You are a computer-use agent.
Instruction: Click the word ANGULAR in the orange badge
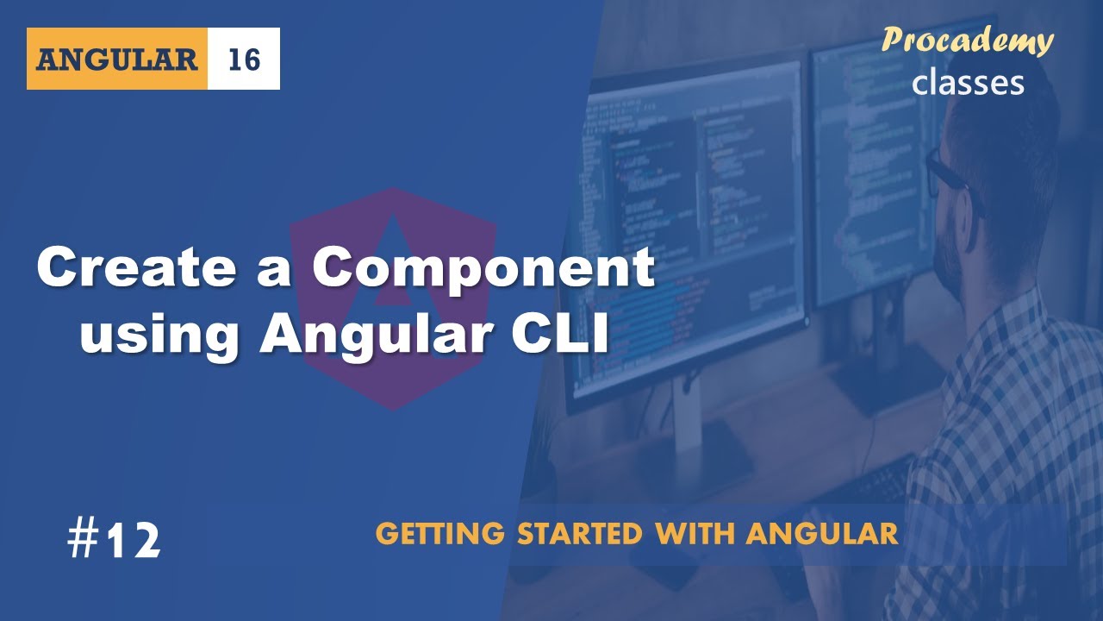coord(117,59)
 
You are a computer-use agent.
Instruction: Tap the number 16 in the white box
coord(244,59)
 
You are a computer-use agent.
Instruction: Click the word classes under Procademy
coord(968,82)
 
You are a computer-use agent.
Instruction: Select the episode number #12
coord(113,540)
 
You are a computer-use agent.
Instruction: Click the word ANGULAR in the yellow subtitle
coord(822,534)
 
